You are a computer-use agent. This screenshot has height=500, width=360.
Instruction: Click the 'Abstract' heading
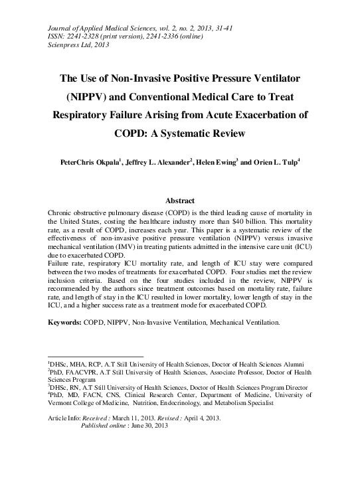(179, 201)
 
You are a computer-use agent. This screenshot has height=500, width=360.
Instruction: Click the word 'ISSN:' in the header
(57, 36)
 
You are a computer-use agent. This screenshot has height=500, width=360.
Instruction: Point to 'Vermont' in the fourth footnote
(62, 402)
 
